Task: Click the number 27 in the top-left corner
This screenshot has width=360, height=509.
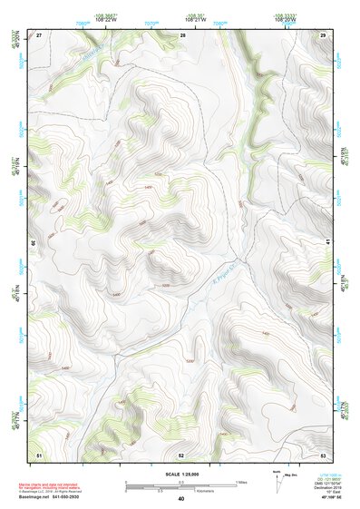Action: (x=39, y=34)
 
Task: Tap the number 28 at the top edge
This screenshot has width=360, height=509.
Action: (x=183, y=34)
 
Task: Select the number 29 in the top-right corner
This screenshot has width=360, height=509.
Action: (x=323, y=34)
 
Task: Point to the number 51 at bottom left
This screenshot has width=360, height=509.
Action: (x=39, y=454)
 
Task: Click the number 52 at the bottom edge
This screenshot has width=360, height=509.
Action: (x=181, y=454)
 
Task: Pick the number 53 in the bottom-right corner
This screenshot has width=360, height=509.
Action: (x=323, y=454)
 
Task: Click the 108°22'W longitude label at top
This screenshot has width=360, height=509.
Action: (x=108, y=21)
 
